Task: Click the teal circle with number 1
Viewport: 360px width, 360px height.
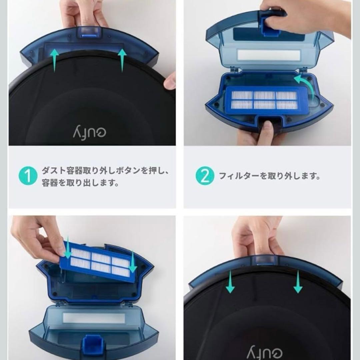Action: [28, 176]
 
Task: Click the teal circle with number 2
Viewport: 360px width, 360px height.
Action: [205, 176]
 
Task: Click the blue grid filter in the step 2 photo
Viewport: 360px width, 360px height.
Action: [264, 100]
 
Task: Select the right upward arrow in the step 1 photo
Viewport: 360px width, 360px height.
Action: [122, 60]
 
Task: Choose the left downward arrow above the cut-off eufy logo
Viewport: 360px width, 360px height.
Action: [230, 282]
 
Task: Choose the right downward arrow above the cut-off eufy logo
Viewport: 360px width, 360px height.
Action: [298, 282]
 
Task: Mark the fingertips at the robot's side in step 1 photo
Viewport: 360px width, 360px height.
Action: [171, 81]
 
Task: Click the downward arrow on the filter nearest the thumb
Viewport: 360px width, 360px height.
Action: [68, 248]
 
